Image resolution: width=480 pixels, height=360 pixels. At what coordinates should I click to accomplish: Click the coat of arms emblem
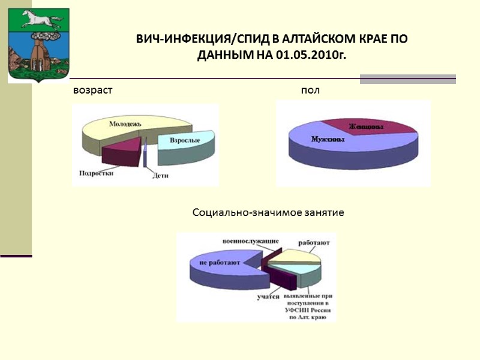click(38, 46)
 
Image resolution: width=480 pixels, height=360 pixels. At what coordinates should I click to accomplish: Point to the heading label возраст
click(92, 91)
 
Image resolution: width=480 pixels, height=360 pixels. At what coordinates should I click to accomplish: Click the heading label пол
click(310, 91)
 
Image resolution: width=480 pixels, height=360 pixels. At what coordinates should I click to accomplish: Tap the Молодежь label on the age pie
click(125, 124)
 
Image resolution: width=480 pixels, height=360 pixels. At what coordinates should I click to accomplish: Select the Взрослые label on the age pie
click(184, 140)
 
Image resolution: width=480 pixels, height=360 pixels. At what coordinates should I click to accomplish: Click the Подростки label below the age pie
click(96, 173)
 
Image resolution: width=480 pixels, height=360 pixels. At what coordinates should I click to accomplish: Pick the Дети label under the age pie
click(160, 176)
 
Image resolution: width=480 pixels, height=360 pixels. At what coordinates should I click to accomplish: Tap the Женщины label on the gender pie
click(366, 127)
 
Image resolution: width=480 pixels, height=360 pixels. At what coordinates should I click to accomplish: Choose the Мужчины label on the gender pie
click(327, 139)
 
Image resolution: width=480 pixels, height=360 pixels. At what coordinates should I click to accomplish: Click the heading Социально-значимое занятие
click(268, 213)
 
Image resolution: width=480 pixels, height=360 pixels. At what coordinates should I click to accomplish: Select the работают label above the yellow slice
click(313, 244)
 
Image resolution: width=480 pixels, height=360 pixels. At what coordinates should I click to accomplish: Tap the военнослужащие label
click(250, 241)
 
